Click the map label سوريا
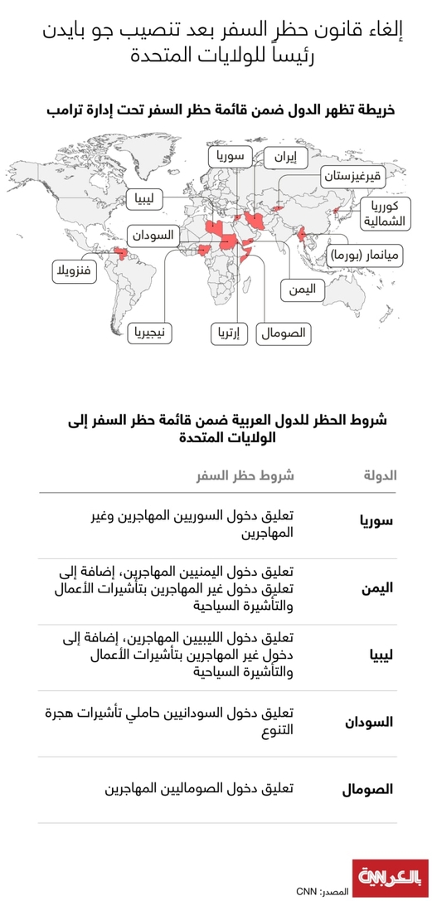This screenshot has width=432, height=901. coord(229,156)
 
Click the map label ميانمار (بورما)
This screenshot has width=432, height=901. coord(365,256)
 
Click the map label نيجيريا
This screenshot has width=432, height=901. coord(151,334)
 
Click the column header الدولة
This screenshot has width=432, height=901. coord(381,475)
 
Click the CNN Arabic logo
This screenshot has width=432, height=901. coord(392,877)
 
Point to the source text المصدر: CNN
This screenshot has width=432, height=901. coord(324,891)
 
